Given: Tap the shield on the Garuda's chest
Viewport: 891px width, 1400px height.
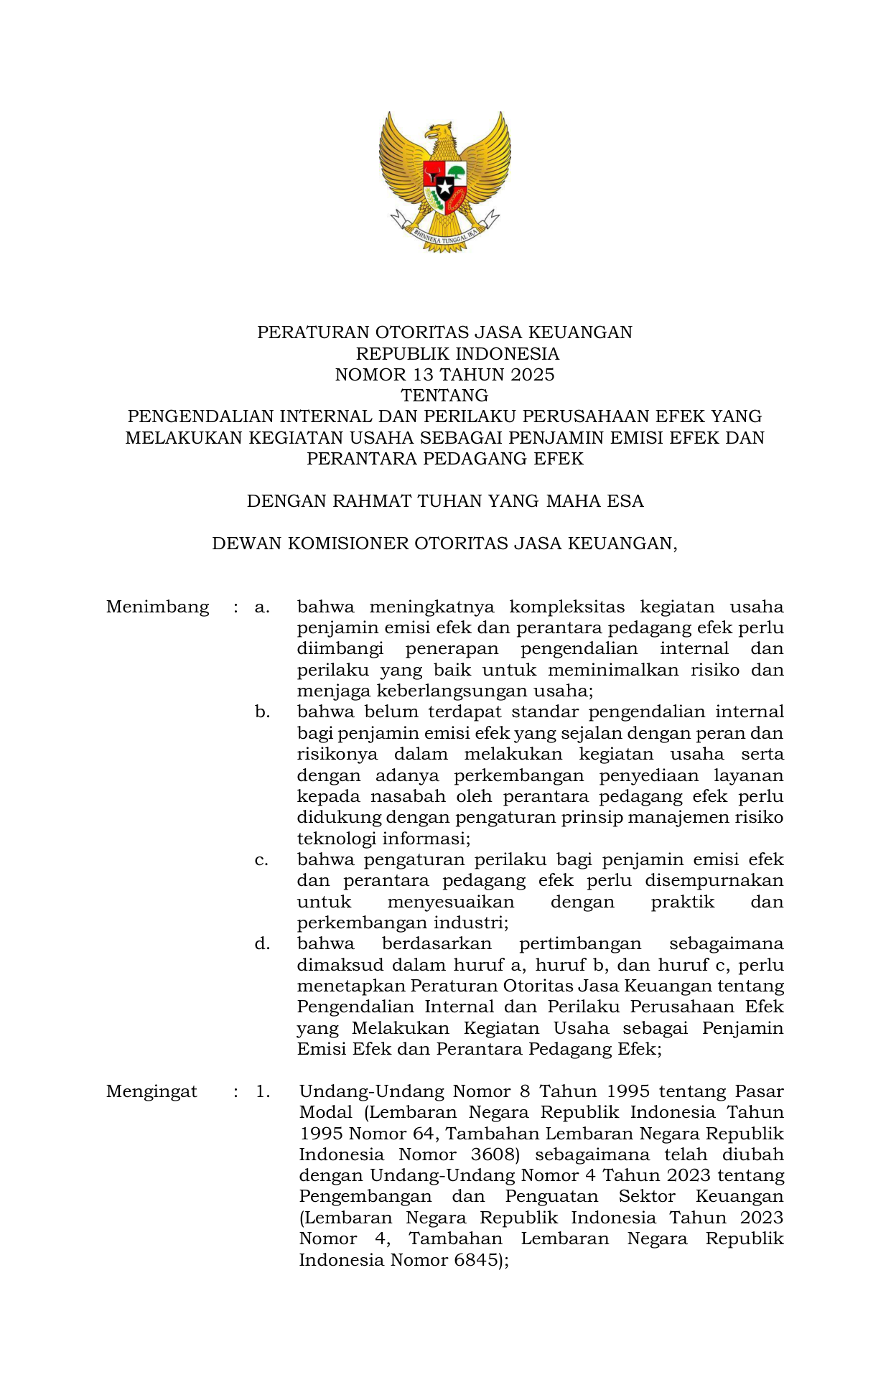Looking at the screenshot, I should [x=444, y=186].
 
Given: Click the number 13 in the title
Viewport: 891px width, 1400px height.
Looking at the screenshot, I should [x=423, y=375].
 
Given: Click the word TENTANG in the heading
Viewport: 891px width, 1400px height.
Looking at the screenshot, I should [x=444, y=396].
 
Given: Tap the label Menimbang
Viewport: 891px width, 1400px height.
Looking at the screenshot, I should [x=157, y=607].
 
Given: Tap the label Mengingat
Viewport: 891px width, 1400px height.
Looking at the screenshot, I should [x=151, y=1092].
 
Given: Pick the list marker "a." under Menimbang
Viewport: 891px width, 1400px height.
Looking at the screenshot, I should [x=262, y=607].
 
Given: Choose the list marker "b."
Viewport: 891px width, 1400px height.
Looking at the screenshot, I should [x=262, y=712].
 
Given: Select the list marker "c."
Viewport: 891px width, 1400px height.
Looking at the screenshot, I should [x=262, y=860].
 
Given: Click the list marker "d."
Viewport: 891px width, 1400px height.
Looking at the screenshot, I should [x=262, y=944].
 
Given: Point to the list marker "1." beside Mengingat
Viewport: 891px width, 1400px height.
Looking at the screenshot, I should [x=263, y=1092].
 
